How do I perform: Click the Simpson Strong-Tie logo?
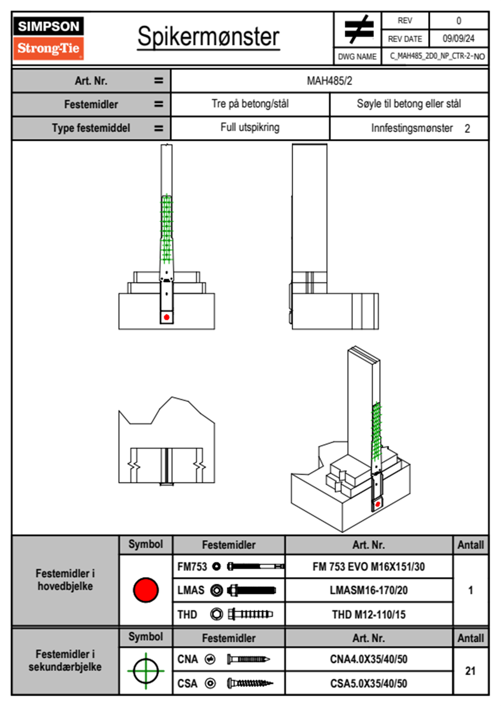[48, 38]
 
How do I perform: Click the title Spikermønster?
[208, 37]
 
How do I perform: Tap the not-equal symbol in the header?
[358, 29]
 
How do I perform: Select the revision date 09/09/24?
[458, 39]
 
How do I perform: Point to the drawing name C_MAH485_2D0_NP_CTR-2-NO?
[437, 56]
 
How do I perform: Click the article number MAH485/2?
[329, 81]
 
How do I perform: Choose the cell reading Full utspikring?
[250, 128]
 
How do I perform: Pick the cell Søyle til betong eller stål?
[409, 104]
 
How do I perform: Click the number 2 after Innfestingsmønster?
[467, 129]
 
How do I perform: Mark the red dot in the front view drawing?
[167, 317]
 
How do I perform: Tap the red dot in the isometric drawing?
[378, 504]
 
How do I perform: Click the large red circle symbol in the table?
[146, 590]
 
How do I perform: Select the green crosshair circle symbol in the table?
[146, 671]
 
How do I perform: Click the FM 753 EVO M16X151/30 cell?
[368, 567]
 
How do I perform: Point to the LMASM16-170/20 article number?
[368, 591]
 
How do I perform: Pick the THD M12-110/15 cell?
[368, 615]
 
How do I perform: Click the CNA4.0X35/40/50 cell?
[368, 659]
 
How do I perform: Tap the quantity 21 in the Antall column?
[470, 671]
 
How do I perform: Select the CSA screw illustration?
[250, 683]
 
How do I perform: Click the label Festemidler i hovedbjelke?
[65, 580]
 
